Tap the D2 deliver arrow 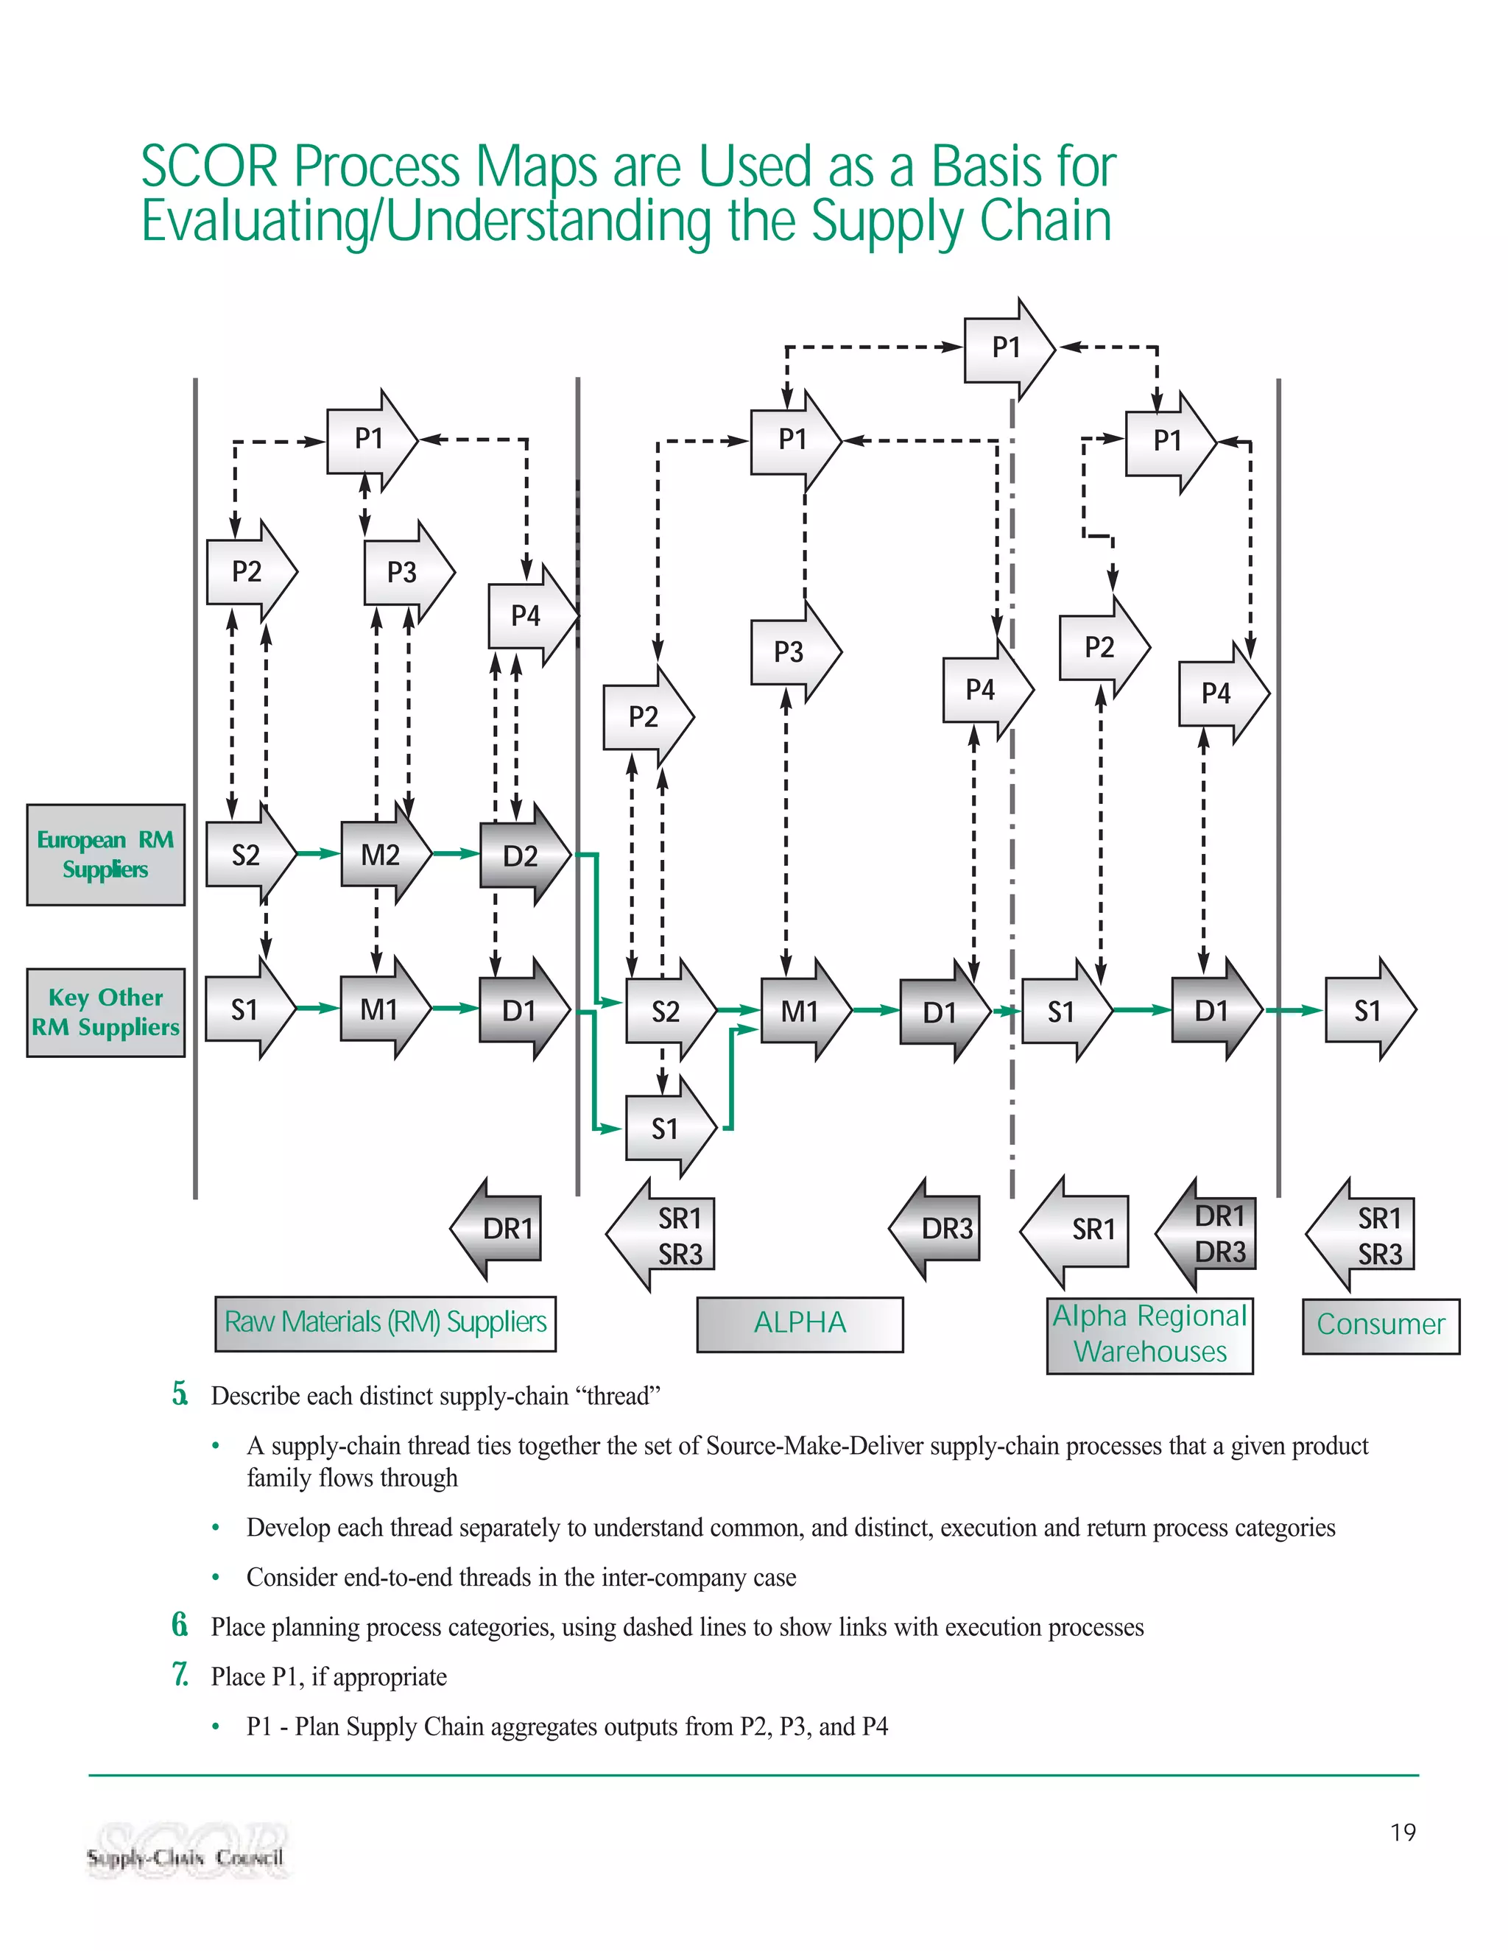click(523, 855)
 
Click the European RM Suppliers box click(105, 855)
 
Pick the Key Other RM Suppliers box click(105, 1012)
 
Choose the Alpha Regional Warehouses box click(1149, 1335)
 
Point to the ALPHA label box click(800, 1323)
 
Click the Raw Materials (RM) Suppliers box click(385, 1323)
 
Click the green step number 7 click(180, 1675)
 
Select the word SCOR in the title click(210, 167)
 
